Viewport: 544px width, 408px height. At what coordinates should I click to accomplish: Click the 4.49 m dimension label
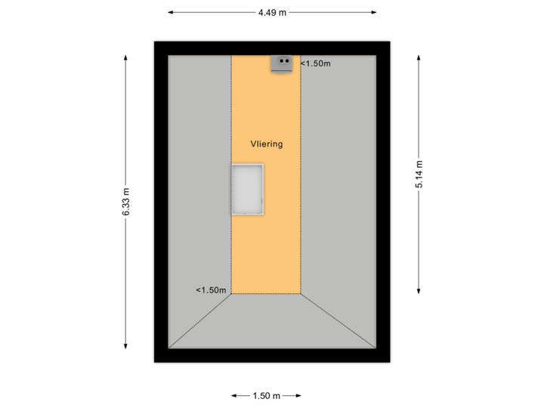[272, 12]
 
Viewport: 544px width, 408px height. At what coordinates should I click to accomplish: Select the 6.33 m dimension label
[126, 202]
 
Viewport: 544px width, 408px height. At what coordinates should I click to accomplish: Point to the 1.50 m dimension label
[266, 396]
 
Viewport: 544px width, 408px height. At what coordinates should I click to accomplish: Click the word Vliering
[267, 144]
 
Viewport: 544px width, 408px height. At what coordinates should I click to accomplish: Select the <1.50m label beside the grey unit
[316, 63]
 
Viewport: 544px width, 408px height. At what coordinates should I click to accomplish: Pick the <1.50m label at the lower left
[211, 290]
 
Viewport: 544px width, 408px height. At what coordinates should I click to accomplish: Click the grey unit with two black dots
[282, 63]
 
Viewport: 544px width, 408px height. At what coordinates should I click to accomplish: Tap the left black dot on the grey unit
[280, 61]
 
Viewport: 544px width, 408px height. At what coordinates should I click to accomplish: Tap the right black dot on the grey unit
[286, 61]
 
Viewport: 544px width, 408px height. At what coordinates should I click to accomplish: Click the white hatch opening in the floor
[247, 189]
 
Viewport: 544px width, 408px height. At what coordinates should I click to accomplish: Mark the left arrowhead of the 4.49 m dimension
[170, 12]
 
